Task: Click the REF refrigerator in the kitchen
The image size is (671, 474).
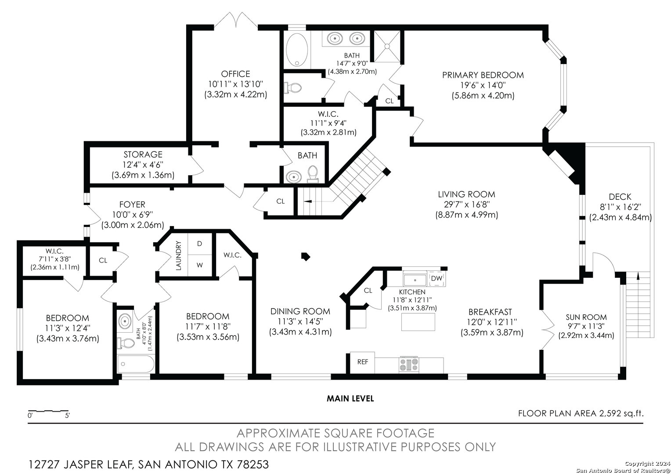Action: [362, 363]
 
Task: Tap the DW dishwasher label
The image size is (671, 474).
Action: [437, 278]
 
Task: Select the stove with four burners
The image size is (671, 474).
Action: [408, 365]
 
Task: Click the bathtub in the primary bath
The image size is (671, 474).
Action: [297, 50]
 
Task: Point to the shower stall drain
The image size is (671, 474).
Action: [387, 46]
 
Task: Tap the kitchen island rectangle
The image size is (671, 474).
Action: [418, 322]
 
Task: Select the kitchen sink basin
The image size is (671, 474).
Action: [415, 280]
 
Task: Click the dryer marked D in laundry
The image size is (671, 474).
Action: [199, 244]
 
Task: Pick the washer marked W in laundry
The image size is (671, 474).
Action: [199, 265]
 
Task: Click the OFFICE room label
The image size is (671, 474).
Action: [235, 74]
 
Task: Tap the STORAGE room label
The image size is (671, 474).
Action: [143, 154]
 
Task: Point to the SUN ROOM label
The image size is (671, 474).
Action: [586, 317]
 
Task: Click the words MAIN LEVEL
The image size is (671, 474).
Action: [350, 399]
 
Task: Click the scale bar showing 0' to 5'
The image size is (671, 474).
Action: [49, 411]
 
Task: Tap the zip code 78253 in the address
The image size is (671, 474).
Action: [253, 464]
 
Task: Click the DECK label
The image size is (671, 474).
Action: [620, 197]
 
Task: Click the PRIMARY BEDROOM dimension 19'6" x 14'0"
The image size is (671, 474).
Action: [483, 85]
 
